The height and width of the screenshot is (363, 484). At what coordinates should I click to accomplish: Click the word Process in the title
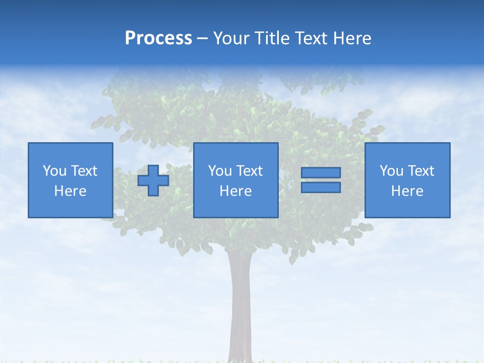pyautogui.click(x=158, y=38)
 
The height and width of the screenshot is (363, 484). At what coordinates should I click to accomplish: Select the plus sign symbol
pyautogui.click(x=153, y=180)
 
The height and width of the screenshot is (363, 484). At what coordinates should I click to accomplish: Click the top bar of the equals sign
pyautogui.click(x=321, y=173)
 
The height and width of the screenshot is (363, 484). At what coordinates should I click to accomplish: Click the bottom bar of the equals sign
pyautogui.click(x=321, y=187)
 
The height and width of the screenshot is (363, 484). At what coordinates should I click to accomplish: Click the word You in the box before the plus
pyautogui.click(x=54, y=171)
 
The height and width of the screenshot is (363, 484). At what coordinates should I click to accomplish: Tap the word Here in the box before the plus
pyautogui.click(x=70, y=191)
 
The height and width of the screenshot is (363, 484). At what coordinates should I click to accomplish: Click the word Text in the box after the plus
pyautogui.click(x=250, y=171)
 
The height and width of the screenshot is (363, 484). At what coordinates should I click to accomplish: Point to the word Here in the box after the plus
pyautogui.click(x=235, y=191)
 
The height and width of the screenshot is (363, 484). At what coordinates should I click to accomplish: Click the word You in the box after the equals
pyautogui.click(x=391, y=171)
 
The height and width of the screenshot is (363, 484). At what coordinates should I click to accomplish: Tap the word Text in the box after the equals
pyautogui.click(x=421, y=171)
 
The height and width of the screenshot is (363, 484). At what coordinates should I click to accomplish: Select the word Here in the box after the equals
pyautogui.click(x=407, y=191)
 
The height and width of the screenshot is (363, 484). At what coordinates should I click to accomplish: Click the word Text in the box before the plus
pyautogui.click(x=84, y=171)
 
